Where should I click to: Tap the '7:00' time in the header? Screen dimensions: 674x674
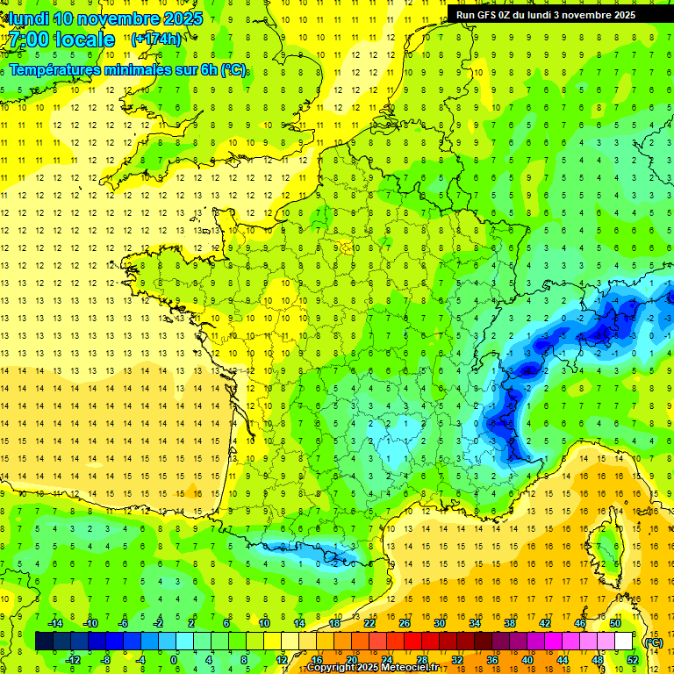point(28,39)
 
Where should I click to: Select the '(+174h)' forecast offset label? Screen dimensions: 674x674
point(156,39)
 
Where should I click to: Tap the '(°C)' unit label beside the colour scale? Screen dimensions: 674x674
point(652,642)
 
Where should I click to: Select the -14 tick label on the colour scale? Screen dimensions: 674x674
point(54,622)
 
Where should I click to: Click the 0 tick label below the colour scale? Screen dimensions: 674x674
point(174,660)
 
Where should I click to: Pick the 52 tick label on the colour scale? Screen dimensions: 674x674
point(633,660)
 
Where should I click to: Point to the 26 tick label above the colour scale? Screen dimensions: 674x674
point(405,622)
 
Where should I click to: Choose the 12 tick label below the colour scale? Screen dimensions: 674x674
point(282,660)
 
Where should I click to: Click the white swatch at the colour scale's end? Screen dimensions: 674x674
point(624,642)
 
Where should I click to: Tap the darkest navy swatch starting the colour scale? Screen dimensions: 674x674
point(44,642)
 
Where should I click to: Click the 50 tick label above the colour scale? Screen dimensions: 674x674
point(615,622)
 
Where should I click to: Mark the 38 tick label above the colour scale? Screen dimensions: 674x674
point(510,622)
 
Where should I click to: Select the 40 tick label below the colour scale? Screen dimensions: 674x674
point(527,660)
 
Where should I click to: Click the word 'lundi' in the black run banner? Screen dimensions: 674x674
point(553,15)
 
